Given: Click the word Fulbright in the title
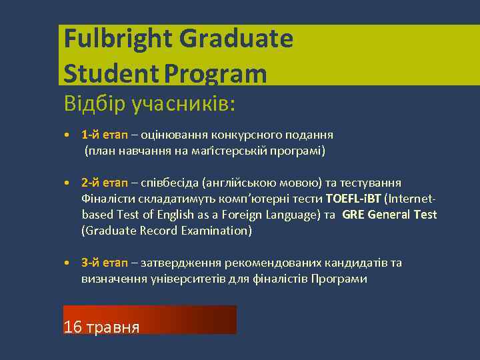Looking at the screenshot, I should coord(118,39).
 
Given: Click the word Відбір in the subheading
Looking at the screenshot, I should coord(94,104).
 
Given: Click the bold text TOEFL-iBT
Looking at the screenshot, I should coord(353,199).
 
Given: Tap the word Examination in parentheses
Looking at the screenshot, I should coord(215,231).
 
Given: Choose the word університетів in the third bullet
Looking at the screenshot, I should coord(207,279).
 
